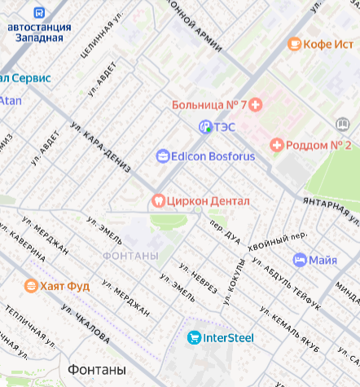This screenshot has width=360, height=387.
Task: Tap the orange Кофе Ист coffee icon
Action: click(294, 43)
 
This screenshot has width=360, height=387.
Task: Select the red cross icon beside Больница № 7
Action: click(256, 104)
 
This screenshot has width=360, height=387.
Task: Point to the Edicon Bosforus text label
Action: click(214, 156)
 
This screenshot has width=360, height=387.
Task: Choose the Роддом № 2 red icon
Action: click(276, 145)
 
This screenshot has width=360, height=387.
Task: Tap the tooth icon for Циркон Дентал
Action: click(158, 200)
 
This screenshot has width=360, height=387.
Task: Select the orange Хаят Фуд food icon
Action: click(31, 285)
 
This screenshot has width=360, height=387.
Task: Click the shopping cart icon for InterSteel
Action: click(193, 337)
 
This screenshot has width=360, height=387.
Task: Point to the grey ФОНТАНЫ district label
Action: click(130, 256)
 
